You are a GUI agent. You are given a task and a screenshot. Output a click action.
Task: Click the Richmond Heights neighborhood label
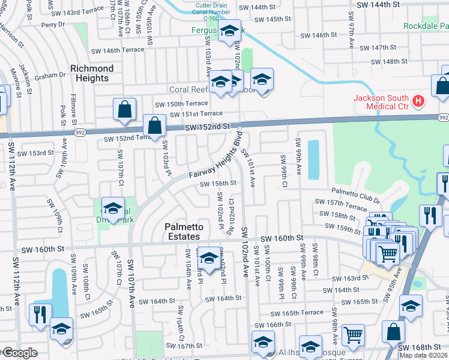point(92,73)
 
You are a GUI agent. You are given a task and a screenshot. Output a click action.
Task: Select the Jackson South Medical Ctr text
point(381,102)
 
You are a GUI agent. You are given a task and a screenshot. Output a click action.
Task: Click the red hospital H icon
point(419,103)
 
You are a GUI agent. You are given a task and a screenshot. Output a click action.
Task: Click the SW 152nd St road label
point(207,127)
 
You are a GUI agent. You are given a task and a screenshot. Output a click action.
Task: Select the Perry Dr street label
point(53,25)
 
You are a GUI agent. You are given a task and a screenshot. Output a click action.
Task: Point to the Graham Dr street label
point(50,76)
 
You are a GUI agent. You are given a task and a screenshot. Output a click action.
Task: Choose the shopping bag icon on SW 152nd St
point(154,126)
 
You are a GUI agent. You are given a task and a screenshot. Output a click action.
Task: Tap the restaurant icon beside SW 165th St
point(40,314)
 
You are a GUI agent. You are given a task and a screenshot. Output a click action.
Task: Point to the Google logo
point(20,353)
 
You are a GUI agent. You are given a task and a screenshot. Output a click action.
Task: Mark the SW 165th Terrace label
point(296,313)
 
